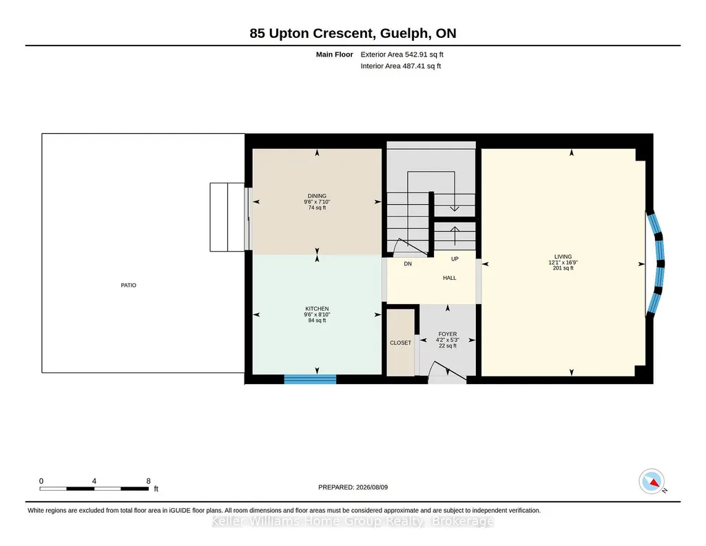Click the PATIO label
point(128,285)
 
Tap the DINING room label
point(317,196)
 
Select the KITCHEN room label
point(317,309)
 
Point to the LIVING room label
point(563,256)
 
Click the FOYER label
point(448,334)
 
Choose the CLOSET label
point(400,343)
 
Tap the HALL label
point(449,278)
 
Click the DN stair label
point(408,264)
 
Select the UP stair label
point(455,259)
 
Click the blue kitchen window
point(310,379)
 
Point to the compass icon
point(652,481)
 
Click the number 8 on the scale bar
point(148,481)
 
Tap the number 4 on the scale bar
point(94,481)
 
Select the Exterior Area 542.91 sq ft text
point(402,54)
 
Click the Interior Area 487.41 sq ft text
point(401,65)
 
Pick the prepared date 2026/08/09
point(372,487)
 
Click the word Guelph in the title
point(404,33)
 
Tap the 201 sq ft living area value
point(563,268)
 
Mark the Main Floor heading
point(335,54)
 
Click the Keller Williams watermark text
point(353,521)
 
